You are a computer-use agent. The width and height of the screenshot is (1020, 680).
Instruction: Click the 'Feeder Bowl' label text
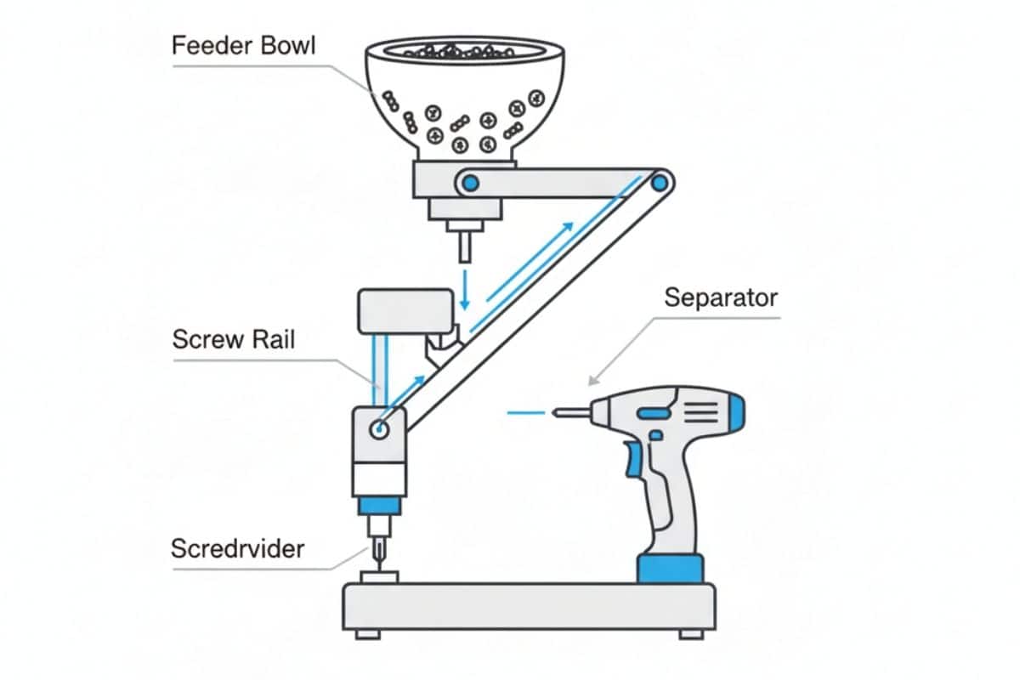(243, 46)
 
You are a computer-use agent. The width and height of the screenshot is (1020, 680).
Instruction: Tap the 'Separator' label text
(721, 297)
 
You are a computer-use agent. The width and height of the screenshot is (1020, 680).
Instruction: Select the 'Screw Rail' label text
(234, 339)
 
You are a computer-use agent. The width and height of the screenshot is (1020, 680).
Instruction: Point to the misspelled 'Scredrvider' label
(237, 548)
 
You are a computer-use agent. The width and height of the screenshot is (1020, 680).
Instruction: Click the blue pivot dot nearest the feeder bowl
(470, 184)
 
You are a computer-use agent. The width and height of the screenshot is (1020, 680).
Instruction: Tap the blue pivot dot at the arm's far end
(660, 184)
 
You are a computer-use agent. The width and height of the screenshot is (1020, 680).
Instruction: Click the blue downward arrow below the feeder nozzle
(464, 290)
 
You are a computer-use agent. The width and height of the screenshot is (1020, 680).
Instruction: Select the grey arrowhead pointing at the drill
(594, 380)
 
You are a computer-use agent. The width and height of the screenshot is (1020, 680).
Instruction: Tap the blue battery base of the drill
(671, 569)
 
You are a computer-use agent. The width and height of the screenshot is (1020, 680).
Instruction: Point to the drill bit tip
(554, 412)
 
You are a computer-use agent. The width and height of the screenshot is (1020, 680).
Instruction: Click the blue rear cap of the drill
(736, 412)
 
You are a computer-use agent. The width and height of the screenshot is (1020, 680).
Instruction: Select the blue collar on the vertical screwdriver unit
(379, 506)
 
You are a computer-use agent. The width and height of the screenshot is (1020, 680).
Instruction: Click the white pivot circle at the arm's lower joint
(379, 429)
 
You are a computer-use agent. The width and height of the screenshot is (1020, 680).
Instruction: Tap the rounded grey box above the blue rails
(405, 312)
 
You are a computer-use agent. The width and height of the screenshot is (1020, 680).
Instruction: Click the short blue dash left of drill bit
(526, 413)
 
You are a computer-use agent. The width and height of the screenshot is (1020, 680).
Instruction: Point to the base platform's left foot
(368, 634)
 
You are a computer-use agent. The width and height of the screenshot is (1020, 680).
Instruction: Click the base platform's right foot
(691, 634)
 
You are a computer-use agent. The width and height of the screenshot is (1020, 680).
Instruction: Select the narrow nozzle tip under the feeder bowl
(464, 246)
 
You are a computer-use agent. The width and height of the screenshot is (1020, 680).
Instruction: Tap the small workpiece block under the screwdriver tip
(379, 577)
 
